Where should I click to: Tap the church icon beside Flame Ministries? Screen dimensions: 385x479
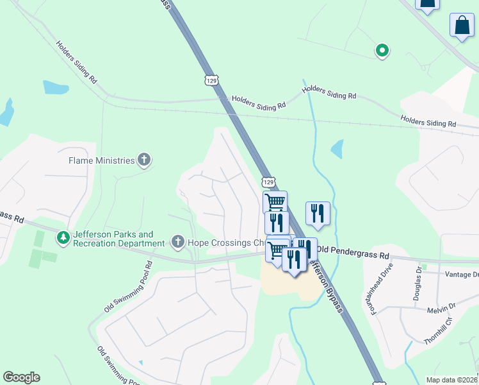(145, 160)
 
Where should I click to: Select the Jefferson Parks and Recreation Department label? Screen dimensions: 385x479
(118, 239)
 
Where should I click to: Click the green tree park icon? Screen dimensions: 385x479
(63, 239)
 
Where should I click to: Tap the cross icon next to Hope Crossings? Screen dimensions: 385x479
(179, 242)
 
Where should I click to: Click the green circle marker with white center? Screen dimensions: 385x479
(382, 50)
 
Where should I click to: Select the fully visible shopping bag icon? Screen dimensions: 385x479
(462, 26)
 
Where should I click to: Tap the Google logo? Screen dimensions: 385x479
(21, 377)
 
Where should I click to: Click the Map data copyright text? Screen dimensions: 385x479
(452, 380)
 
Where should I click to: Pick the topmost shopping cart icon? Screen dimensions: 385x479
(275, 202)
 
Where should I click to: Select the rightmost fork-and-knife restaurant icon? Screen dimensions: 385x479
(318, 214)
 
